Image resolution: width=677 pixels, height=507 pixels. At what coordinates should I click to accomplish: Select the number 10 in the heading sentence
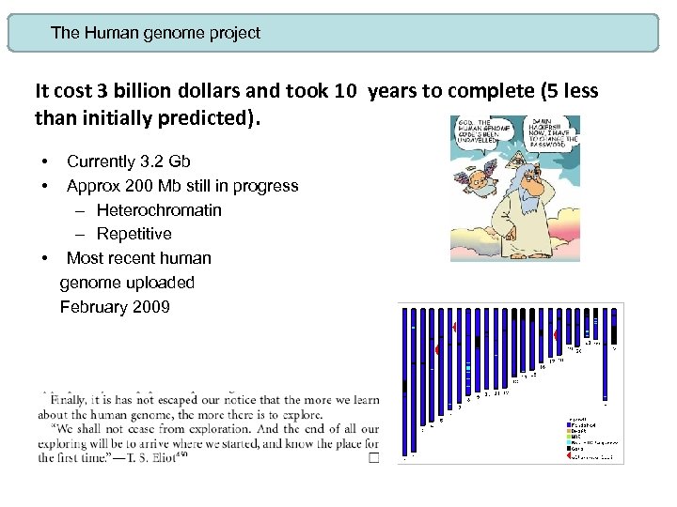pos(345,91)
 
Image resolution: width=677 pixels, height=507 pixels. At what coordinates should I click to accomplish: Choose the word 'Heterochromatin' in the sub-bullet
pos(159,209)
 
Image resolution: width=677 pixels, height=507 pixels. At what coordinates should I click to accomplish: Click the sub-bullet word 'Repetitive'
pos(134,234)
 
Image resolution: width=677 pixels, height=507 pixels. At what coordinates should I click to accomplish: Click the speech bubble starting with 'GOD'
pos(478,133)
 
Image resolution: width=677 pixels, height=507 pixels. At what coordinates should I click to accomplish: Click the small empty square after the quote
pos(373,457)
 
